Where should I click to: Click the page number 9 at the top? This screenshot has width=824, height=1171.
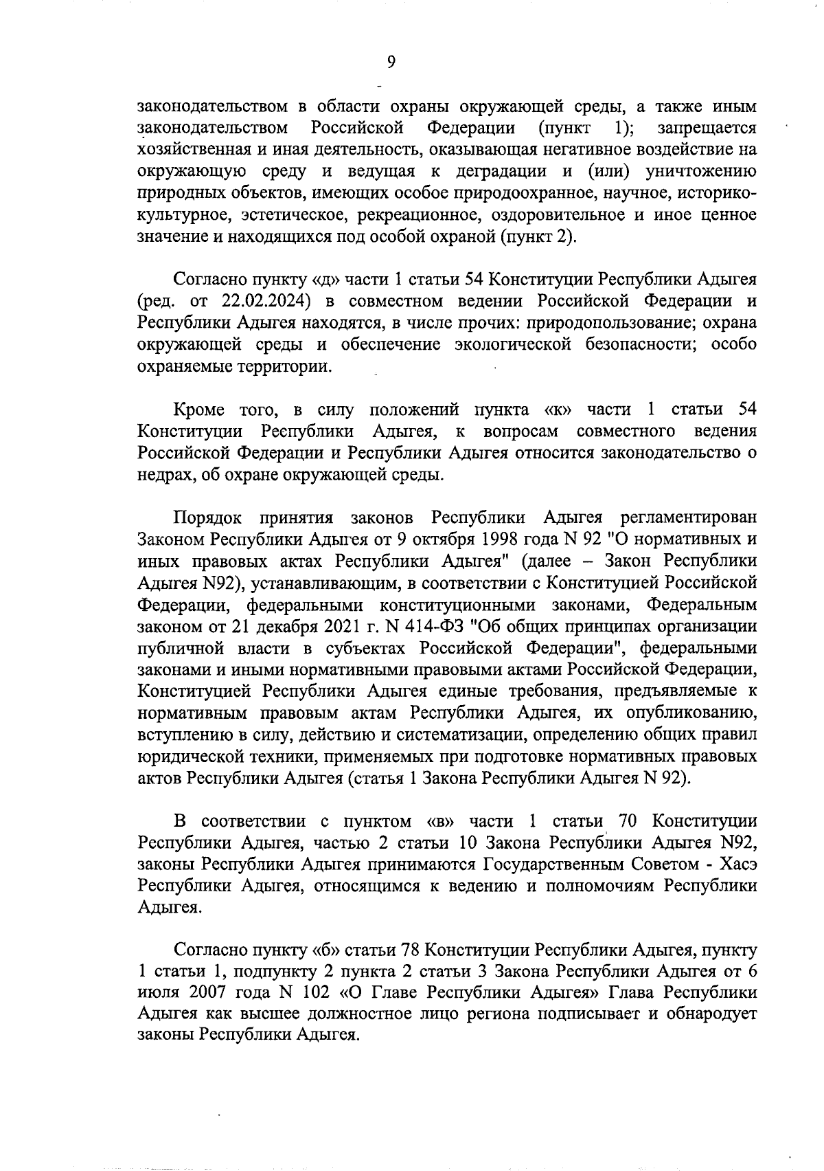click(x=391, y=63)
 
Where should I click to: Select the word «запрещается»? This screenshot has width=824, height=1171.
click(x=707, y=128)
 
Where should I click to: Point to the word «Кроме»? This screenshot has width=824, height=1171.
click(x=199, y=410)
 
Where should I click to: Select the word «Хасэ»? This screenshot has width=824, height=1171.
click(x=738, y=865)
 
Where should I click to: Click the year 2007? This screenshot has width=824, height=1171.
click(x=207, y=994)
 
